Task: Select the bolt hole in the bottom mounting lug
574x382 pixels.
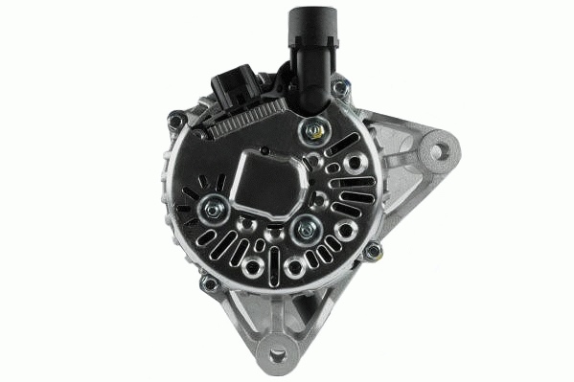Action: (278, 354)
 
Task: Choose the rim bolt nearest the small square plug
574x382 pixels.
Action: (176, 120)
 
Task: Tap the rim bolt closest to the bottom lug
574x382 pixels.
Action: (208, 283)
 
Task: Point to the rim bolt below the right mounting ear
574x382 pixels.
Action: (373, 252)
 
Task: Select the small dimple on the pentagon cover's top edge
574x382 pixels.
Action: (264, 150)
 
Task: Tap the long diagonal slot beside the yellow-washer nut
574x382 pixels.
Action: (342, 146)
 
